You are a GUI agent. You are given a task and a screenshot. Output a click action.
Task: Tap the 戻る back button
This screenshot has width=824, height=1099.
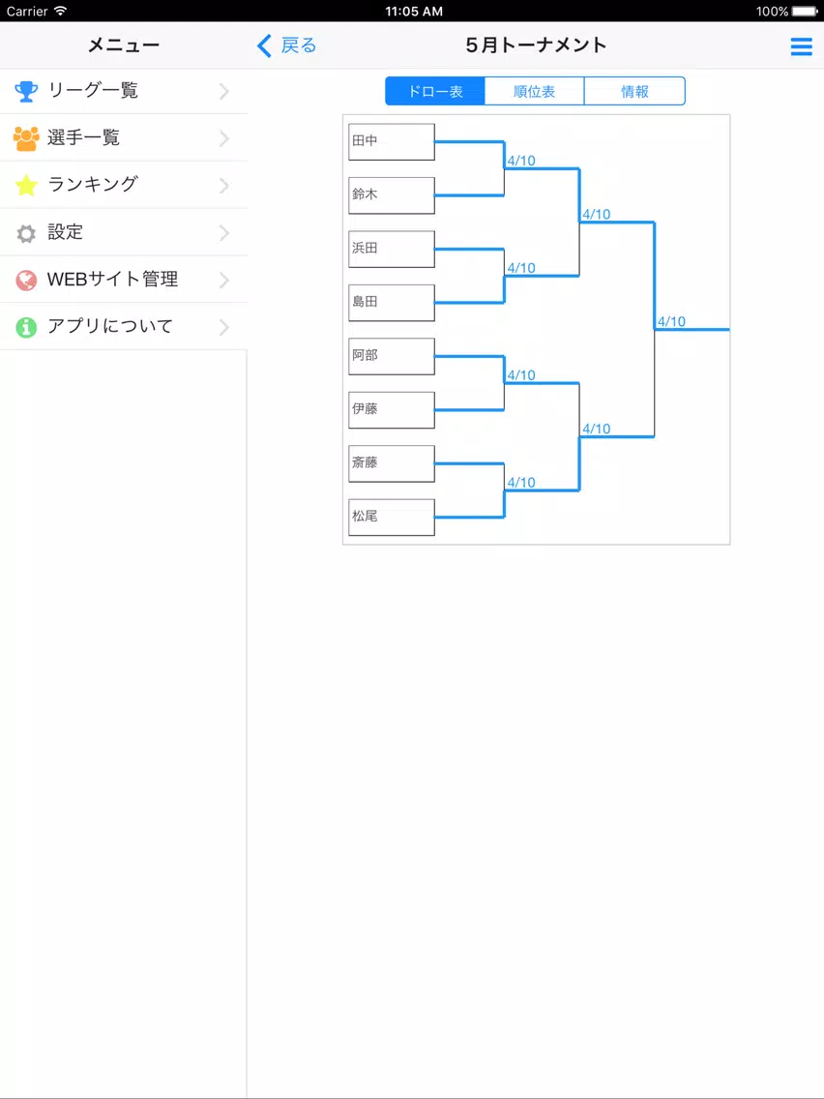click(287, 46)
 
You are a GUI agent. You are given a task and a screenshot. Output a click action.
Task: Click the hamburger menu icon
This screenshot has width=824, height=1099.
click(802, 46)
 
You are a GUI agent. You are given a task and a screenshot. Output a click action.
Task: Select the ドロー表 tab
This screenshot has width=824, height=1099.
click(435, 91)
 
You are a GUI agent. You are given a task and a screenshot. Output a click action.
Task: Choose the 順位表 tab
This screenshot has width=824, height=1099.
click(535, 91)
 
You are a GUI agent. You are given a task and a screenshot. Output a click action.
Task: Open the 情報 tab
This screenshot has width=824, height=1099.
click(634, 91)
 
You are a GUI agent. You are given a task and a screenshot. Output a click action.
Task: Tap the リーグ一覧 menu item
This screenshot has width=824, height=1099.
click(124, 91)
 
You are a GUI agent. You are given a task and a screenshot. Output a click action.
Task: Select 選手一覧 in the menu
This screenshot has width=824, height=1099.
click(124, 138)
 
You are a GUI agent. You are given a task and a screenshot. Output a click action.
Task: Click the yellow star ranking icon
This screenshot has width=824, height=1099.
click(26, 185)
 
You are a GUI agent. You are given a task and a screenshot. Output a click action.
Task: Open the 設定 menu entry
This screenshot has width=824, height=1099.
click(124, 232)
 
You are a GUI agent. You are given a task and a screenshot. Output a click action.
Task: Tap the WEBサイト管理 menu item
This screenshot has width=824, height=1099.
click(124, 280)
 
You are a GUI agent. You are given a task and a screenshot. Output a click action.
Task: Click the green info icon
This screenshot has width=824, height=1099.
click(26, 327)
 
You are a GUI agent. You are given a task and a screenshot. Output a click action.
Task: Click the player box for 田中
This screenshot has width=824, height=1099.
click(392, 141)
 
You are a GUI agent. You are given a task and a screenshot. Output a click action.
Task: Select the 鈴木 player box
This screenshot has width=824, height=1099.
click(392, 195)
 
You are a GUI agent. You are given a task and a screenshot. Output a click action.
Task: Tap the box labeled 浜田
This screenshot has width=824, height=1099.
click(392, 249)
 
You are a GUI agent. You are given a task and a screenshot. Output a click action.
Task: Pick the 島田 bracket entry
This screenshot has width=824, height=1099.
click(392, 303)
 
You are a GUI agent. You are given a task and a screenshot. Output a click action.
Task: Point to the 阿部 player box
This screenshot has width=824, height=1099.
click(392, 356)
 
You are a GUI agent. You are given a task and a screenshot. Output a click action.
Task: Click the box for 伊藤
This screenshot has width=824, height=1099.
click(392, 410)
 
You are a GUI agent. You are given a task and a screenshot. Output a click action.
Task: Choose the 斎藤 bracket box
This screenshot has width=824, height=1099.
click(392, 463)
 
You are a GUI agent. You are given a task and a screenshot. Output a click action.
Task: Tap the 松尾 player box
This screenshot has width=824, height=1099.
click(392, 518)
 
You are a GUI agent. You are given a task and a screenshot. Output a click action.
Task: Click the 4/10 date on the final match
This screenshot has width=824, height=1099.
click(671, 322)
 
